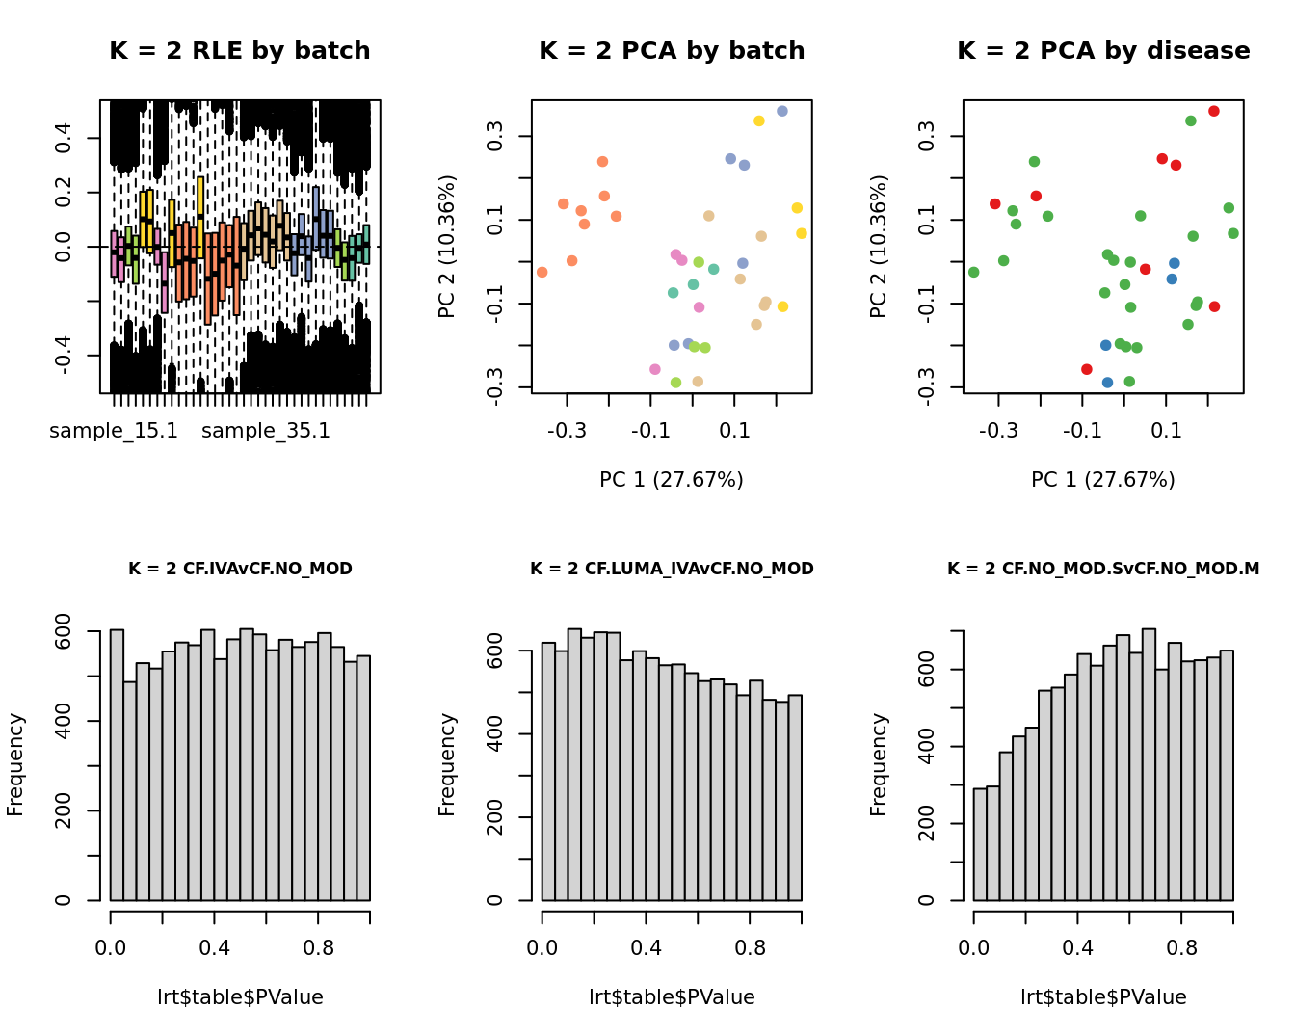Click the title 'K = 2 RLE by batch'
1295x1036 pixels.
(x=240, y=51)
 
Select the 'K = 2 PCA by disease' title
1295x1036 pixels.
(x=1103, y=51)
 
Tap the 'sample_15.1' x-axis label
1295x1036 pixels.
(x=114, y=431)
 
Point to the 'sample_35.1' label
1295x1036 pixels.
(x=266, y=431)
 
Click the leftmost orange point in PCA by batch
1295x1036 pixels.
(x=542, y=272)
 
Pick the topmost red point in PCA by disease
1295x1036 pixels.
(x=1214, y=111)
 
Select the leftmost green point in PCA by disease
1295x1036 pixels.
(x=974, y=272)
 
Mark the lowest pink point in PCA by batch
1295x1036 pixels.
(x=655, y=369)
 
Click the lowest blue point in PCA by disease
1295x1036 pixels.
(x=1108, y=383)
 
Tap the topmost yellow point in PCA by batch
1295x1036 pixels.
(x=759, y=120)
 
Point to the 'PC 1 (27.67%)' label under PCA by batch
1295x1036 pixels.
(x=672, y=480)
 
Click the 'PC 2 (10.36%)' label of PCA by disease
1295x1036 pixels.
(x=878, y=247)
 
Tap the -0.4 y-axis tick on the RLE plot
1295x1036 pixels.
(x=64, y=356)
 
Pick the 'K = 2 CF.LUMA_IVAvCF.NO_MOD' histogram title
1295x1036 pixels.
(x=672, y=569)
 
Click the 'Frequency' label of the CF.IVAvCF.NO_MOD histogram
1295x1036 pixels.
(x=15, y=765)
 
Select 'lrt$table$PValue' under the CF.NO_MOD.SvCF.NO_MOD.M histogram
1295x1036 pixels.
(x=1103, y=997)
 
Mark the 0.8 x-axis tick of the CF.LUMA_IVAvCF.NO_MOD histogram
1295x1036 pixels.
(x=750, y=948)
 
